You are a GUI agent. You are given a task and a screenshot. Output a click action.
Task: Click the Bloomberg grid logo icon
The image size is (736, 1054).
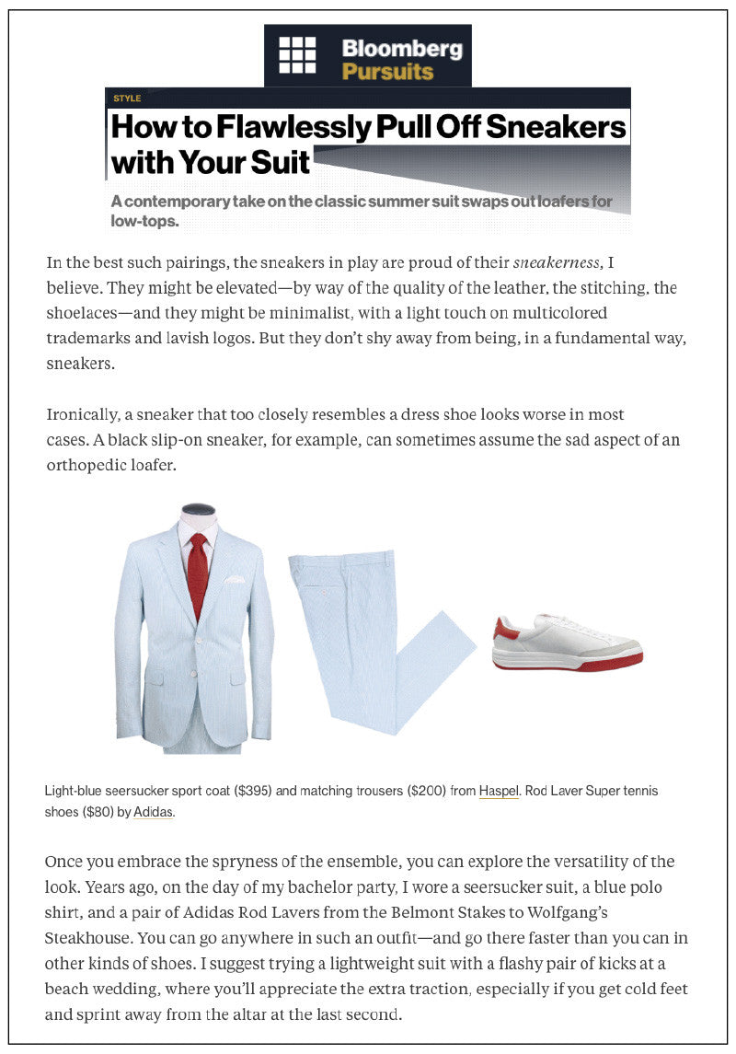tap(297, 55)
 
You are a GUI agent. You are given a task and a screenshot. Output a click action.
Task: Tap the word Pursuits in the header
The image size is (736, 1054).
tap(387, 71)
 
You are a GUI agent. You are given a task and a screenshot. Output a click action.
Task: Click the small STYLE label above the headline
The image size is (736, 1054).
tap(127, 98)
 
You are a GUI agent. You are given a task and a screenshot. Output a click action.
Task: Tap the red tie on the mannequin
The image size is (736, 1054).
tap(198, 575)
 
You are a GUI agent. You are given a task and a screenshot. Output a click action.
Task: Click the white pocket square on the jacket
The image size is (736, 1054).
tap(236, 579)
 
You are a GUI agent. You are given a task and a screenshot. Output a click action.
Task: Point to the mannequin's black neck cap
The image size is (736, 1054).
tap(199, 510)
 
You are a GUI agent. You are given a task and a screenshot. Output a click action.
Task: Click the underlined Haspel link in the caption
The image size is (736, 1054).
tap(499, 791)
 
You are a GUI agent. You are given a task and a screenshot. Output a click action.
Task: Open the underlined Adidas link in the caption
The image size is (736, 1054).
tap(154, 813)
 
